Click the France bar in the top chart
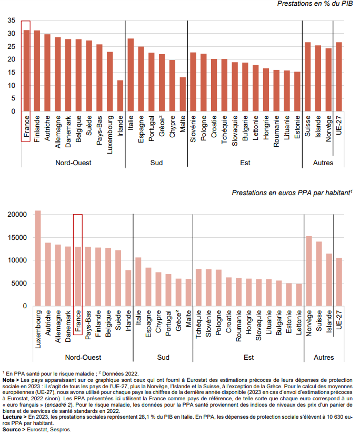tap(26, 71)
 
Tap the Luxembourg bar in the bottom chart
tap(38, 258)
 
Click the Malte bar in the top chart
tap(183, 95)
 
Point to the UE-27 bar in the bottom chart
tap(339, 282)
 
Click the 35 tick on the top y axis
tap(11, 21)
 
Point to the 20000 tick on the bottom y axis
tap(17, 215)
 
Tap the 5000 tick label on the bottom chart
tap(19, 284)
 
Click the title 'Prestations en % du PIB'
tap(314, 4)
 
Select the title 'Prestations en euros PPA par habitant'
tap(292, 193)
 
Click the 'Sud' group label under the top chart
tap(156, 163)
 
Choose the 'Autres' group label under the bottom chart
tap(324, 358)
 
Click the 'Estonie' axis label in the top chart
tap(297, 127)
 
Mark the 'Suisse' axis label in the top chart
tap(308, 125)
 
